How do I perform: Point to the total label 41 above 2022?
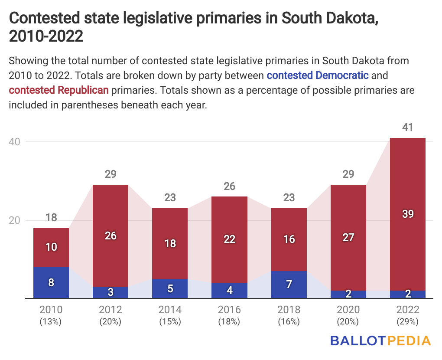click(x=408, y=128)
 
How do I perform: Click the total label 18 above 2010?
click(x=51, y=218)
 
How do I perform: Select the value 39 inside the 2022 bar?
click(x=408, y=214)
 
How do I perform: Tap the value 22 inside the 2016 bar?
click(x=230, y=239)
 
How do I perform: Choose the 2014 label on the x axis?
click(x=170, y=310)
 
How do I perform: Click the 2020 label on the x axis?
click(x=348, y=310)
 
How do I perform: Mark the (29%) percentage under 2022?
click(x=408, y=321)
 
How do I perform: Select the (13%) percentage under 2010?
click(x=51, y=321)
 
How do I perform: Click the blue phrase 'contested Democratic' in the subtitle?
click(x=318, y=75)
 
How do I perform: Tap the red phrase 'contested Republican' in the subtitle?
click(x=59, y=90)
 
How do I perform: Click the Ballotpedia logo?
click(x=380, y=340)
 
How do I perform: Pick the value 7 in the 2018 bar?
click(x=289, y=285)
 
